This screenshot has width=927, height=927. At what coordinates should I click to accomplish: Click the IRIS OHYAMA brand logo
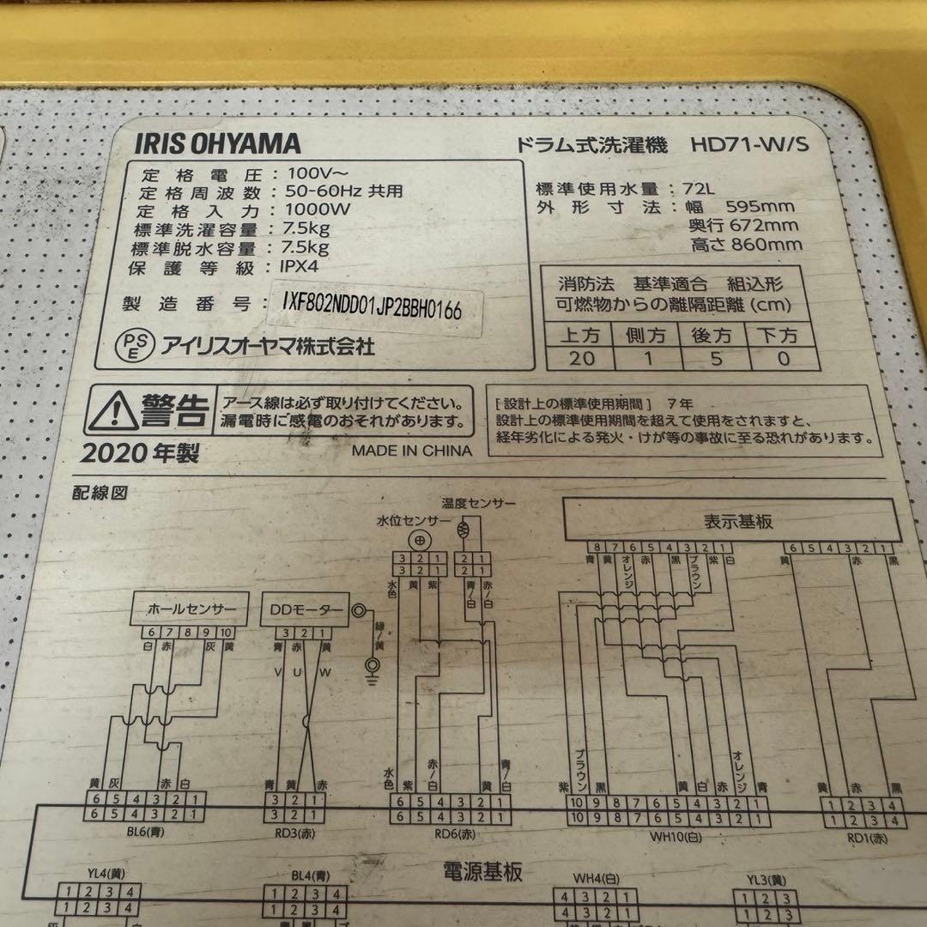(x=217, y=142)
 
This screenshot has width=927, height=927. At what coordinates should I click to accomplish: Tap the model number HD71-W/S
(x=750, y=145)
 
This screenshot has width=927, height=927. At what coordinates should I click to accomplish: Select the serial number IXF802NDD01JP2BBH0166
(x=372, y=306)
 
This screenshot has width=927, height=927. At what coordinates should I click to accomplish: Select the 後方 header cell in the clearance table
(x=712, y=334)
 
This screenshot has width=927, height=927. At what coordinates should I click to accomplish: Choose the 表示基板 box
(x=732, y=521)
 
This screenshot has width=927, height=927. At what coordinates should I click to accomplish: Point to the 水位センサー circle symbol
(x=419, y=540)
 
